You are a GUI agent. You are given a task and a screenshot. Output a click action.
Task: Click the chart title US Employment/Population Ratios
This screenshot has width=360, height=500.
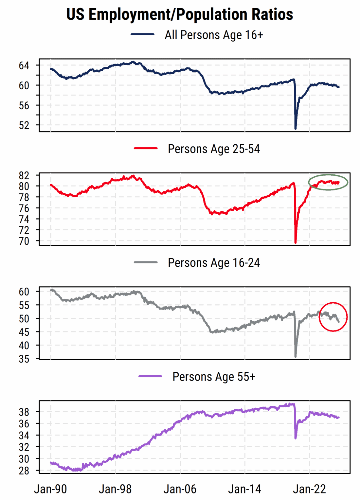(180, 14)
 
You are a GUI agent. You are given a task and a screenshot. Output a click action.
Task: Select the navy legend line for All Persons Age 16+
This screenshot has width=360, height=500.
(142, 34)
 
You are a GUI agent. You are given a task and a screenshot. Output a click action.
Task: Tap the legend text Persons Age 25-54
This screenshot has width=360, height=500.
(214, 149)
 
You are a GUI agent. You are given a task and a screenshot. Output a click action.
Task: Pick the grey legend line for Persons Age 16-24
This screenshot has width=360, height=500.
(146, 262)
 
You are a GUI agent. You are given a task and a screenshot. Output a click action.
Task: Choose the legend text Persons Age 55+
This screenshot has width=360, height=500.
(214, 377)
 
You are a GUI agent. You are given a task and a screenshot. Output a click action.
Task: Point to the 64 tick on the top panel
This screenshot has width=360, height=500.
(24, 66)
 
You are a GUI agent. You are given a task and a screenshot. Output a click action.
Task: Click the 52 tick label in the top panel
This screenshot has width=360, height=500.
(24, 125)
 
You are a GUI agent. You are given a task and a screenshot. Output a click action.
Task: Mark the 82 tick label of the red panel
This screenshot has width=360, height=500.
(24, 176)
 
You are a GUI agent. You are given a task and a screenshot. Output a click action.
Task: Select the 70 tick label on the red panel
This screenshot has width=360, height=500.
(24, 241)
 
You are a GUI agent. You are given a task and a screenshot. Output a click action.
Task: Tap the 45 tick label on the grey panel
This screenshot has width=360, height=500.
(24, 332)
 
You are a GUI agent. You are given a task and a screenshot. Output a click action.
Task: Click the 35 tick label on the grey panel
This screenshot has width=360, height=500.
(24, 359)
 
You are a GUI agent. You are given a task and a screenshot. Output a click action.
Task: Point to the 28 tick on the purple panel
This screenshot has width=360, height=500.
(24, 471)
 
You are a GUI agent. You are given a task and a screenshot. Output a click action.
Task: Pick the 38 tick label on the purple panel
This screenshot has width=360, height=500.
(24, 412)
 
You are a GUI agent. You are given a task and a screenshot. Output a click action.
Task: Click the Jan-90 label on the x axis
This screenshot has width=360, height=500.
(50, 489)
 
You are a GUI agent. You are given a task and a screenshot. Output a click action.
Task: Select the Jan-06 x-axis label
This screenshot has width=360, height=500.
(180, 489)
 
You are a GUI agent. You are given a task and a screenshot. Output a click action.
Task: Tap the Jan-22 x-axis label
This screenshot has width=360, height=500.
(310, 489)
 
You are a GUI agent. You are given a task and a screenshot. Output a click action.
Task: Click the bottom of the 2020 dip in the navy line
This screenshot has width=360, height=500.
(296, 128)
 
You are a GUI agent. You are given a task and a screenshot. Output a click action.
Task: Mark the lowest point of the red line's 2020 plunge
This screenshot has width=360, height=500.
(296, 242)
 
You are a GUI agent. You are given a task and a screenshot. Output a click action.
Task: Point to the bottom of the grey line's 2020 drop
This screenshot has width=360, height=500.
(296, 356)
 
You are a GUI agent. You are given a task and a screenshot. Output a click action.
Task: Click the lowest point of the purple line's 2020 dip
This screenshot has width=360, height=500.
(296, 438)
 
